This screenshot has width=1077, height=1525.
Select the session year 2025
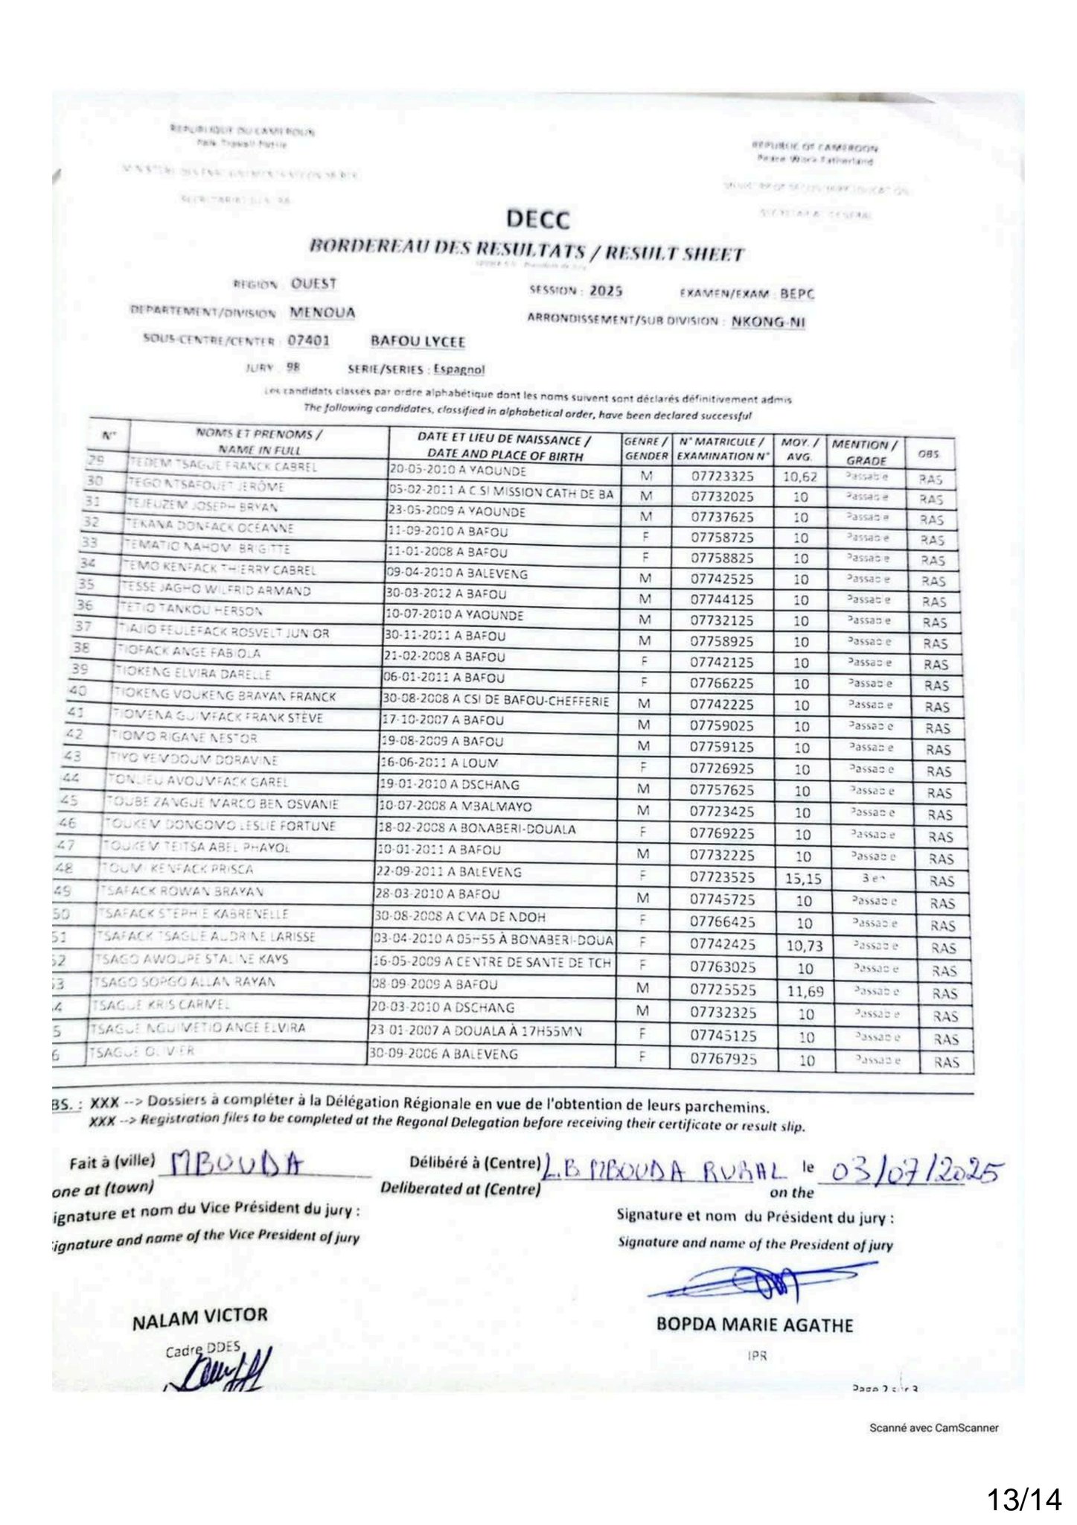pyautogui.click(x=605, y=291)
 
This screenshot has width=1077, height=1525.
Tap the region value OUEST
pyautogui.click(x=313, y=284)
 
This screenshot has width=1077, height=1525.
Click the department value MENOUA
pyautogui.click(x=322, y=313)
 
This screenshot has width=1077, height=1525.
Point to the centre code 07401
pyautogui.click(x=309, y=341)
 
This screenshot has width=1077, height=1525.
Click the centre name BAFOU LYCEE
pyautogui.click(x=418, y=342)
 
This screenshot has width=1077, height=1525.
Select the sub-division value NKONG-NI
pyautogui.click(x=768, y=322)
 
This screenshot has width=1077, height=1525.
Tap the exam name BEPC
pyautogui.click(x=797, y=293)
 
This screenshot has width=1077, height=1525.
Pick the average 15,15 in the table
pyautogui.click(x=803, y=879)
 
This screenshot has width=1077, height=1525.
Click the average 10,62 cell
pyautogui.click(x=800, y=477)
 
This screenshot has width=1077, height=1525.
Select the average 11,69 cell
pyautogui.click(x=805, y=991)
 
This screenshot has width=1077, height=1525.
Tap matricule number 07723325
pyautogui.click(x=722, y=476)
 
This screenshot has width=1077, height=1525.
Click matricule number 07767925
pyautogui.click(x=723, y=1058)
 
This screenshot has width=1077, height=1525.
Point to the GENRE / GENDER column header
pyautogui.click(x=645, y=448)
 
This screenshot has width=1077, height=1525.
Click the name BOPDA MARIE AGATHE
pyautogui.click(x=754, y=1325)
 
